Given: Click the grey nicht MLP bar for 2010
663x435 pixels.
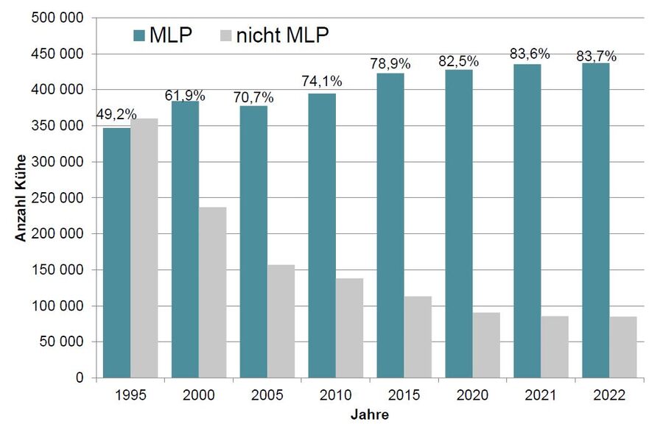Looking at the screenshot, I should tap(349, 328).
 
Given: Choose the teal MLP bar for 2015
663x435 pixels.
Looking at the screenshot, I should tap(390, 225).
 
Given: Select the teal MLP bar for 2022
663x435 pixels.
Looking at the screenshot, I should tap(595, 220).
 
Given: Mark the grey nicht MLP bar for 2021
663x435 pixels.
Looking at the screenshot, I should tap(555, 347).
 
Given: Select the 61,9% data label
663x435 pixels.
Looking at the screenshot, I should tap(185, 95).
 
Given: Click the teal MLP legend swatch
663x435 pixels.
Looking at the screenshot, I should tap(140, 35).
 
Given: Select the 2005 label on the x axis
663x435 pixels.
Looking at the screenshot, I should tap(267, 396).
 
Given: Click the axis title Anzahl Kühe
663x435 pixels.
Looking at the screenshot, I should tap(21, 198).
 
